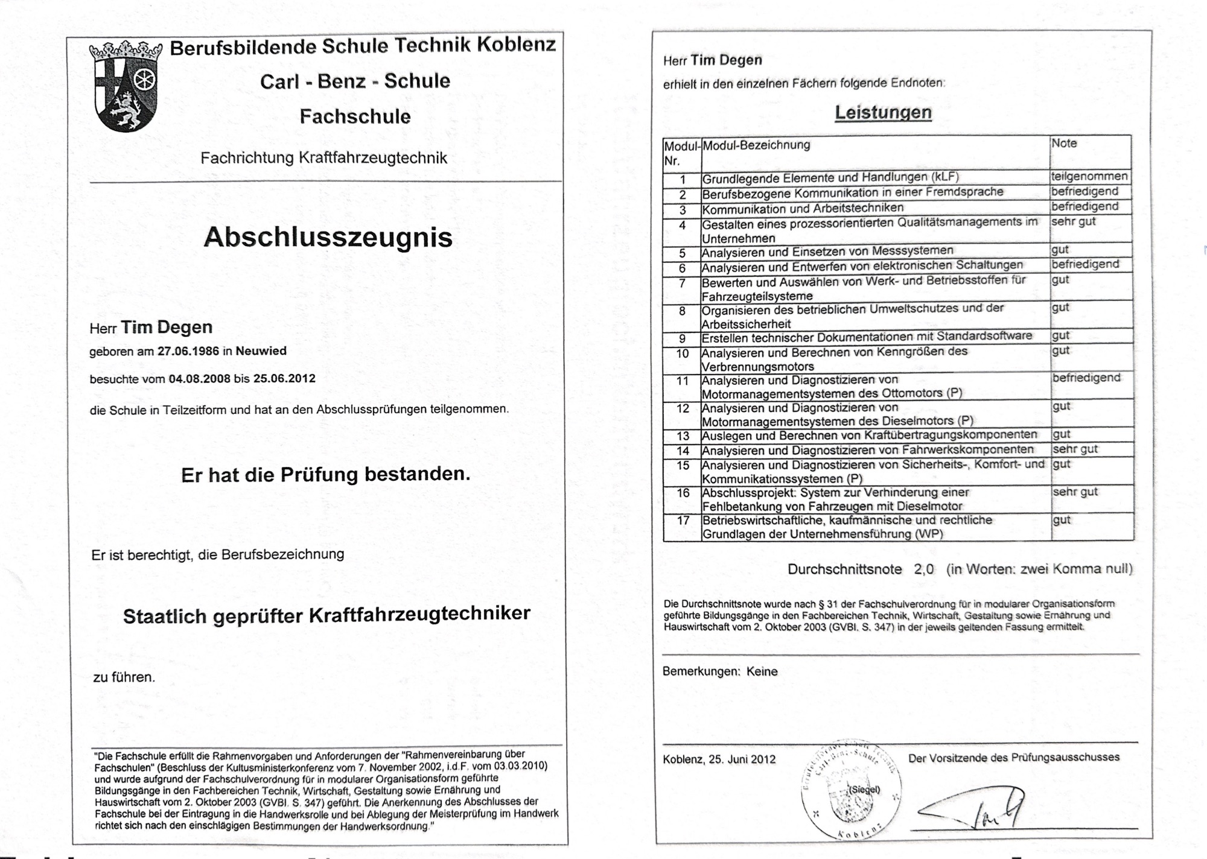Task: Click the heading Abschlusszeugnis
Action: (328, 237)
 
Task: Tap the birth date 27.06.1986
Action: (188, 351)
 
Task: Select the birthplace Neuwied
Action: (261, 350)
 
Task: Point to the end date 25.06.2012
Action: (284, 378)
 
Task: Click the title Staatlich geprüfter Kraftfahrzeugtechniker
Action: (326, 615)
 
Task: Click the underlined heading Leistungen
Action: (883, 112)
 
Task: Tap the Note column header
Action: (1064, 144)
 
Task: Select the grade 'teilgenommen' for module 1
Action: (1089, 176)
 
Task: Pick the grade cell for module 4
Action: (1074, 221)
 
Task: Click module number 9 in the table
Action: (683, 338)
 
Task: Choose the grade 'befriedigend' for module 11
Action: (1086, 378)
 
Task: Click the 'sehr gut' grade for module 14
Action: (1075, 449)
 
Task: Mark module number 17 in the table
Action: (683, 520)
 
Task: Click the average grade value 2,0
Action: (923, 569)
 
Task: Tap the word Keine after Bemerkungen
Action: (762, 671)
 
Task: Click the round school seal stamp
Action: (852, 790)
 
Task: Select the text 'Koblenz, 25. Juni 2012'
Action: (719, 759)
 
